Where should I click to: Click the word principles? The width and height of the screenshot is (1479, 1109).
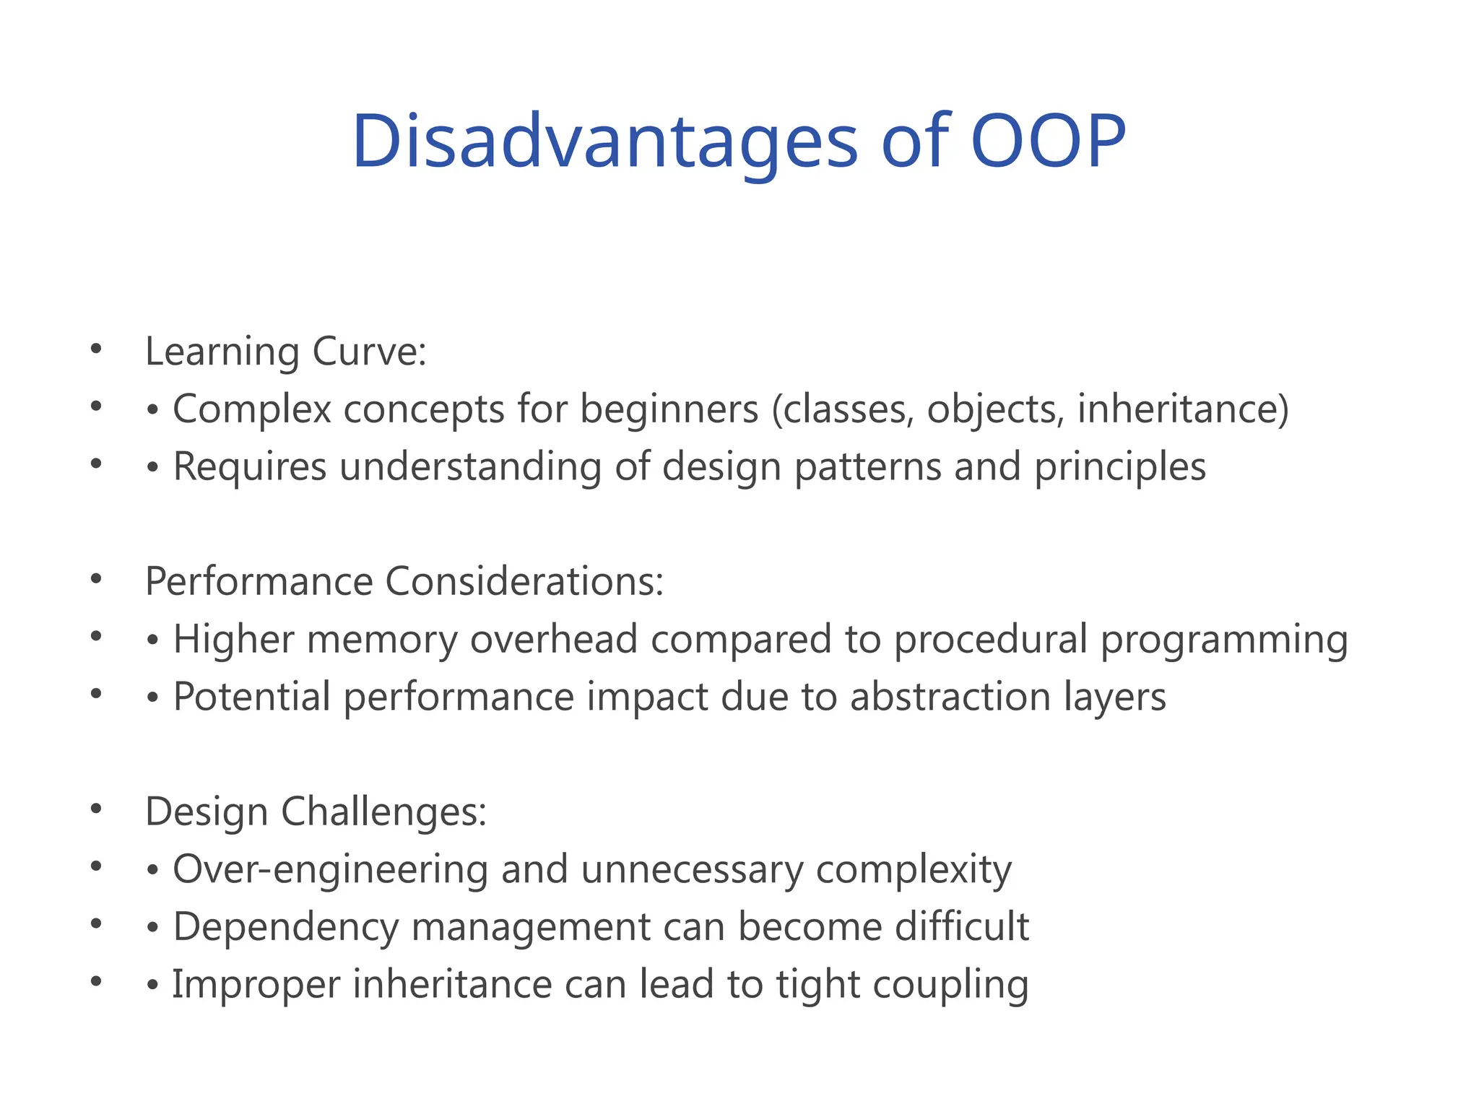click(x=1120, y=466)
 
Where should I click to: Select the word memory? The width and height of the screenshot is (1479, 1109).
click(x=382, y=639)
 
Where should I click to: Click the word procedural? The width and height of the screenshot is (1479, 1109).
click(x=990, y=639)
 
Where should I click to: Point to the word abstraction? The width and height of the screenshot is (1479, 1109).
click(x=950, y=697)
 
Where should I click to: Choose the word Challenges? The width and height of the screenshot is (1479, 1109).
click(x=383, y=812)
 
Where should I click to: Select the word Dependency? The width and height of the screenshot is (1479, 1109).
click(x=286, y=926)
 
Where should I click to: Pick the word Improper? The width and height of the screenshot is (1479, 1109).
click(x=256, y=984)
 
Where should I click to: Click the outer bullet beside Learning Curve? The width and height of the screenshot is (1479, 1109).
click(x=96, y=350)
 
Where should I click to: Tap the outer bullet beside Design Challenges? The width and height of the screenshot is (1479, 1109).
click(x=96, y=809)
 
